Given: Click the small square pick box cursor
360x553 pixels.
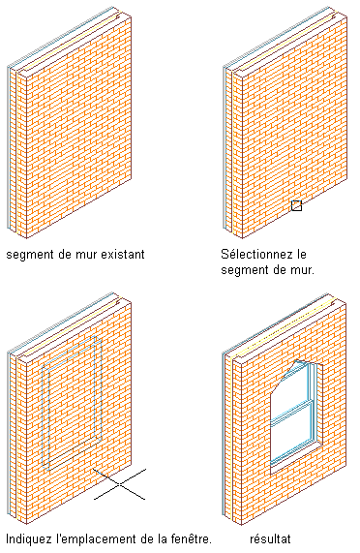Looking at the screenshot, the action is (296, 205).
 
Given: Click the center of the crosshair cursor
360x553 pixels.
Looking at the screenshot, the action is (120, 484).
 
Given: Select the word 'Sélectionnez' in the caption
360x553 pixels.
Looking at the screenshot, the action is (255, 254).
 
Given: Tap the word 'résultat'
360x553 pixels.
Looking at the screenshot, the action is (270, 538).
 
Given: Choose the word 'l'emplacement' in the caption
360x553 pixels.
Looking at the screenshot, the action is (93, 539).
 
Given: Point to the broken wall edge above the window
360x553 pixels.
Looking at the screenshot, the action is (289, 373).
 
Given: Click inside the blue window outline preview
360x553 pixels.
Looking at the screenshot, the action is (72, 404).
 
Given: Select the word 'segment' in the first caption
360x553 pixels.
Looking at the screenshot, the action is (29, 255).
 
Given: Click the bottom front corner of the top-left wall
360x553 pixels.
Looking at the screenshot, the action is (27, 238).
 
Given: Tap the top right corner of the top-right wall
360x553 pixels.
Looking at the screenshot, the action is (346, 15).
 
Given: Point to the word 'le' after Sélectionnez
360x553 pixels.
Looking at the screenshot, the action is (300, 254).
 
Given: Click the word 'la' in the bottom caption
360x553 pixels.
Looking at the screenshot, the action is (163, 538).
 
